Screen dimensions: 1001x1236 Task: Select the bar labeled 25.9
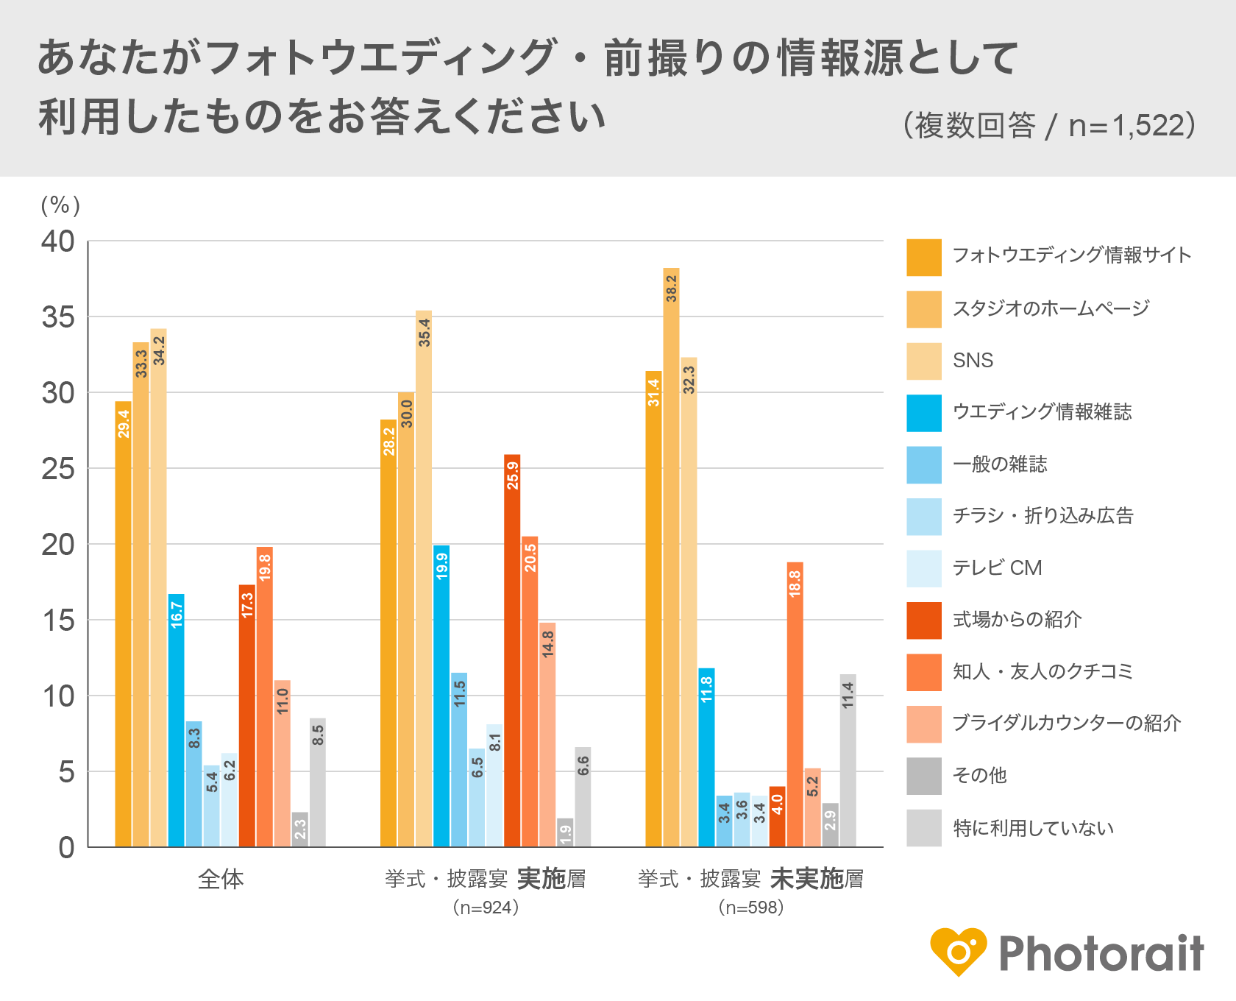[x=512, y=651]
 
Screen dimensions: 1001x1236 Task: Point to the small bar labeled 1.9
[x=565, y=832]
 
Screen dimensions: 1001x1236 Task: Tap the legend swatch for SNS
[x=924, y=361]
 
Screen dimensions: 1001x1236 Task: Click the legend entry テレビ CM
[x=997, y=568]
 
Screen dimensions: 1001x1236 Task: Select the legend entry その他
[x=979, y=776]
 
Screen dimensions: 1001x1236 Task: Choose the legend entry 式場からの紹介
[x=1017, y=620]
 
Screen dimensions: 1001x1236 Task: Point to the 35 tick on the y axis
[x=58, y=318]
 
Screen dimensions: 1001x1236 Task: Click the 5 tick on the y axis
[x=67, y=772]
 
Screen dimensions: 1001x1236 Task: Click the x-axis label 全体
[x=221, y=879]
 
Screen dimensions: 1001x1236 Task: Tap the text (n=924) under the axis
[x=486, y=908]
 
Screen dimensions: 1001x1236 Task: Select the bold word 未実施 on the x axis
[x=806, y=879]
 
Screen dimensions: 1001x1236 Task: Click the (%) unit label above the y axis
[x=60, y=205]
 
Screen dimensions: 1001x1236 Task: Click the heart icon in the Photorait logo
[x=958, y=951]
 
